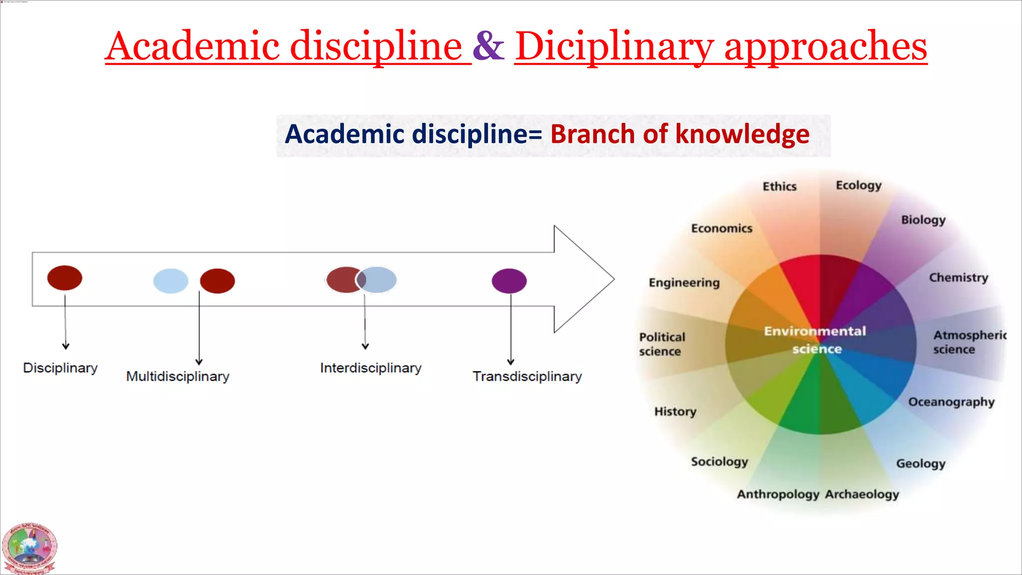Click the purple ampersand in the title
point(488,46)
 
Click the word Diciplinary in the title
point(614,46)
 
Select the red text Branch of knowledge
point(680,134)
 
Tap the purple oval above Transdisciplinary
point(509,281)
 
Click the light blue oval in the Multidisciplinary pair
point(171,281)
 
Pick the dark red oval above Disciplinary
point(65,278)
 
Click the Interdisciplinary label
point(371,368)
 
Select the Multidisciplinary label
point(178,376)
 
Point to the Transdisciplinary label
point(527,376)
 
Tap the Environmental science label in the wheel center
point(815,340)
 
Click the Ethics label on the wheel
point(779,187)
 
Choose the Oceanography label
point(951,402)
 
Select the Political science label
point(662,344)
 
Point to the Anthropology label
point(778,494)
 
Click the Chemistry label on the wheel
point(958,278)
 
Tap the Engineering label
point(684,283)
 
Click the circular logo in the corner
point(29,548)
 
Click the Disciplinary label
point(60,368)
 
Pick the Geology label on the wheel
point(921,464)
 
